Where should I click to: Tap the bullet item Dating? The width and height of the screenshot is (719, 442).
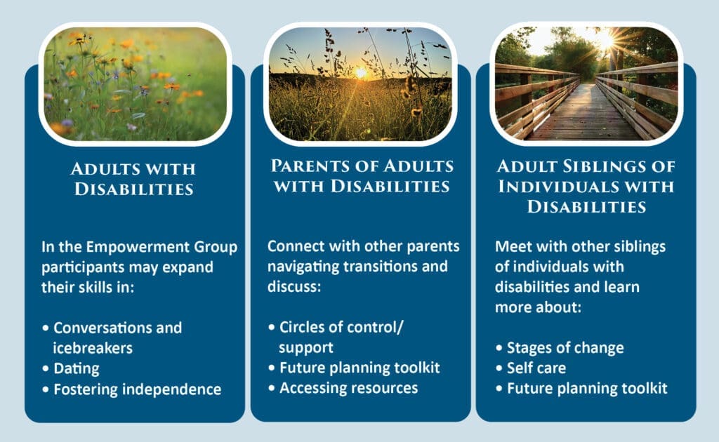coord(76,369)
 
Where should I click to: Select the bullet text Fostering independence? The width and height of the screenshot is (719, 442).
coord(137,389)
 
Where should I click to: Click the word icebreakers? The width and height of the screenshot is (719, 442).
coord(93,348)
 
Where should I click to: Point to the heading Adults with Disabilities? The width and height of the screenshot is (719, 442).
coord(133,179)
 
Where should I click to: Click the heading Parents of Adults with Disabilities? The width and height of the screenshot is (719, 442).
coord(362,175)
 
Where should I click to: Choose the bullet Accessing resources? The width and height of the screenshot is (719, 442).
coord(348,388)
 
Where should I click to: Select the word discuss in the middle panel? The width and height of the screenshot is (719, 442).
coord(294,287)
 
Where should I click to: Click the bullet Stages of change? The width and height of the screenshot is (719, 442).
coord(565,348)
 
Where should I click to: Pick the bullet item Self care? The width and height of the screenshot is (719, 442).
coord(536,368)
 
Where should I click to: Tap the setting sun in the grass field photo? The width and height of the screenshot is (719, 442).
coord(361,72)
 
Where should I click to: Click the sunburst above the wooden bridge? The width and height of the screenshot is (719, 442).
coord(605,41)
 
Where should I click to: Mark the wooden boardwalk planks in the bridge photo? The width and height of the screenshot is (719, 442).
coord(583,114)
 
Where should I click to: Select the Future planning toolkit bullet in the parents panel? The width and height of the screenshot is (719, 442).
coord(359,368)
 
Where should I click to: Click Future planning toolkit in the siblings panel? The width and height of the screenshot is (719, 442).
coord(587,389)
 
